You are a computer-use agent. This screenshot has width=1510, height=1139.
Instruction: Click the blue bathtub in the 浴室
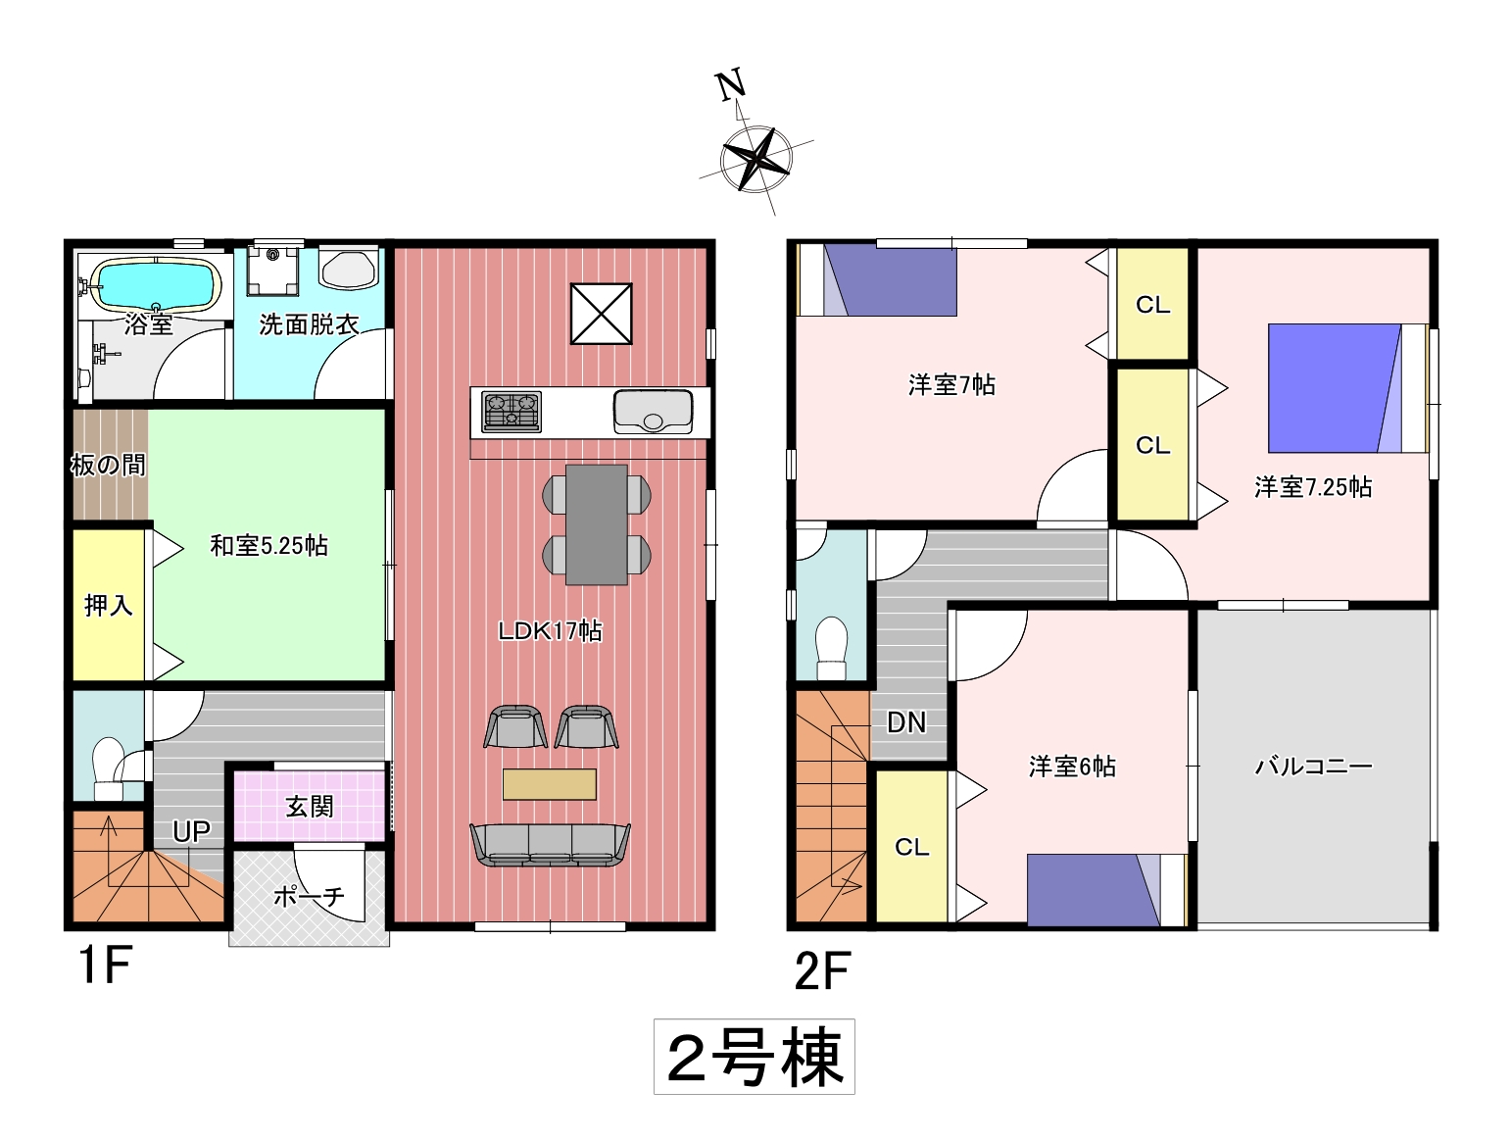pos(158,284)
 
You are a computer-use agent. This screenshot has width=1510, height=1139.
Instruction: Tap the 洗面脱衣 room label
pos(309,324)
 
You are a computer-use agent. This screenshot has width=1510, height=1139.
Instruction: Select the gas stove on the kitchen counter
pos(511,412)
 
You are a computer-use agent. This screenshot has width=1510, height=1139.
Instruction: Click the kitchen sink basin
pos(653,412)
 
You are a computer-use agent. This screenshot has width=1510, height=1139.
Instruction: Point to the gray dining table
pos(597,524)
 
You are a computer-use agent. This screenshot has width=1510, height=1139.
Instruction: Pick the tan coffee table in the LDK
pos(549,784)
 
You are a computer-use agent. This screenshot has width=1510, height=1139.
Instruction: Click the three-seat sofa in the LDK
pos(550,844)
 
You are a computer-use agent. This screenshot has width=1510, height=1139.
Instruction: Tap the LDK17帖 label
pos(550,630)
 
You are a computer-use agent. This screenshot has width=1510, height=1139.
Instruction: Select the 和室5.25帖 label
pos(268,546)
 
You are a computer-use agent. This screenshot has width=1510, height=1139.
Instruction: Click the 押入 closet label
pos(108,606)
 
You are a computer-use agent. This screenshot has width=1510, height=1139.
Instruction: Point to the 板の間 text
pos(109,466)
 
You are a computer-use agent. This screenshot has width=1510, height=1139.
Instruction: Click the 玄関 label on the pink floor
pos(309,806)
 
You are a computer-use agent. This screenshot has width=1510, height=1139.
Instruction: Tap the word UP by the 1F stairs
pos(191,832)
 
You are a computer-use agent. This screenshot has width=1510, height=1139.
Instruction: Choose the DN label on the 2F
pos(906,722)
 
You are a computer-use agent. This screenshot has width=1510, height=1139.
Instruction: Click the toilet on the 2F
pos(831,648)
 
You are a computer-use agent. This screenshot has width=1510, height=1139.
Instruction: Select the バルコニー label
pos(1313,766)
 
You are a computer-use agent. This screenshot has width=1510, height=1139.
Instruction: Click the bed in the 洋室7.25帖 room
pos(1347,388)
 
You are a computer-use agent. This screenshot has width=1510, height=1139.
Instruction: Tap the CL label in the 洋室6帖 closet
pos(911,847)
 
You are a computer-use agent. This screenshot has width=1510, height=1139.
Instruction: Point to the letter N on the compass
pos(731,85)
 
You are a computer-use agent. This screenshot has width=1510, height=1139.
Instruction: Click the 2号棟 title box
pos(754,1057)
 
